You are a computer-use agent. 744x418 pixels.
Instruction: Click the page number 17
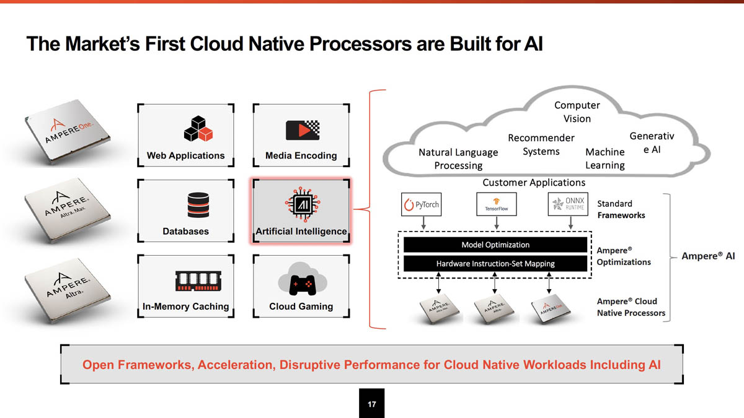(372, 404)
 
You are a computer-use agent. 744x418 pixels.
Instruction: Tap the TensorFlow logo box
(496, 204)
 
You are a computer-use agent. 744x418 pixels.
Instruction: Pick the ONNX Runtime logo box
(568, 204)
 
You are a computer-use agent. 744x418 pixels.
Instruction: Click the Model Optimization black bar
(495, 245)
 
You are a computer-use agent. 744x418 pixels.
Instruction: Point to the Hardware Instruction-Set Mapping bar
(495, 264)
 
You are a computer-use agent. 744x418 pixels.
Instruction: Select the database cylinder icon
(198, 205)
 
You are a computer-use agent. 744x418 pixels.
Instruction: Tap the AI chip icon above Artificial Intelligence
(301, 204)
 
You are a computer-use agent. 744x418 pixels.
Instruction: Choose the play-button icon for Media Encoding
(302, 130)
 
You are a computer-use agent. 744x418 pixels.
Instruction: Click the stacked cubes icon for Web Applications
(198, 129)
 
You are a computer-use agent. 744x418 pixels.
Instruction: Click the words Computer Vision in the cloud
(577, 112)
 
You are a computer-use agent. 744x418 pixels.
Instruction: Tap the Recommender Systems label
(541, 144)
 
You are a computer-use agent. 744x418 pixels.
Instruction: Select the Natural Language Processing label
(458, 159)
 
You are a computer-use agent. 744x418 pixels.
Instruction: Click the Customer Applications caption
(533, 183)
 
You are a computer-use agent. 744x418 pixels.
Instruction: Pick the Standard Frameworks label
(621, 209)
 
